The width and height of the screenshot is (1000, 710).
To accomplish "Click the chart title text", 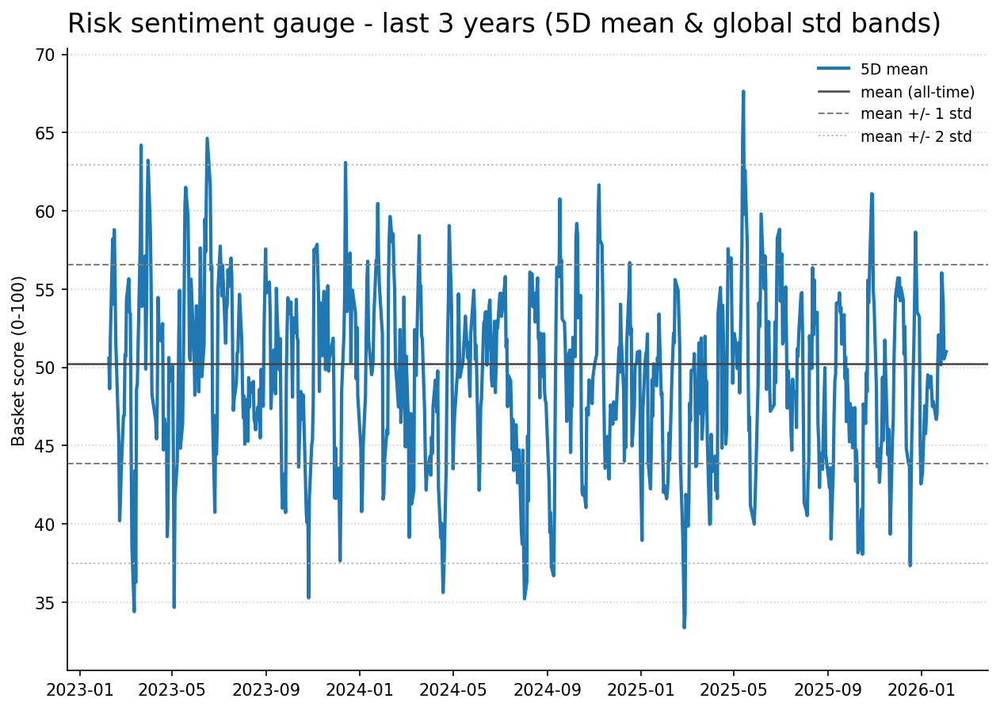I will (504, 24).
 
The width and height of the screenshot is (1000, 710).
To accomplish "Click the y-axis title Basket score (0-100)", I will (18, 361).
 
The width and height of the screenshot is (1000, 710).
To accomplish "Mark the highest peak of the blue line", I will (743, 92).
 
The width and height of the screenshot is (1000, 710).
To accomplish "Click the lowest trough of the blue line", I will (684, 627).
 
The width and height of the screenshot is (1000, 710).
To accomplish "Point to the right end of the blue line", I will (946, 352).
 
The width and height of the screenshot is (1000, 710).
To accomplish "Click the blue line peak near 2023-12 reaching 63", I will (345, 163).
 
